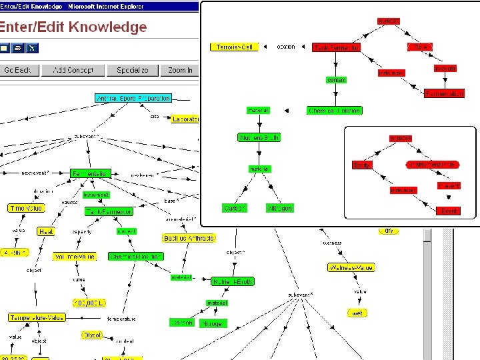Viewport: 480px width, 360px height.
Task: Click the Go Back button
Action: click(18, 70)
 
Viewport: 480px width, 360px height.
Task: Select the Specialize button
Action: click(133, 70)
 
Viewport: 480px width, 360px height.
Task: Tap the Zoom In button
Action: click(180, 70)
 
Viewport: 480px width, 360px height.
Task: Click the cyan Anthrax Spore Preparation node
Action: click(133, 98)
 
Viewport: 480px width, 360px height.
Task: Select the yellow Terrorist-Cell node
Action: click(233, 47)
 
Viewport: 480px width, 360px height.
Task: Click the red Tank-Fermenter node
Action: click(337, 47)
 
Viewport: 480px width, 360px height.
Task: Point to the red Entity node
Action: click(362, 165)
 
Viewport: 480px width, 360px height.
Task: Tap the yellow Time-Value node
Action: click(25, 208)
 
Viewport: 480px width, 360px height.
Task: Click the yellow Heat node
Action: click(46, 231)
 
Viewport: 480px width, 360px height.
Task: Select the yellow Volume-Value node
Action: click(74, 256)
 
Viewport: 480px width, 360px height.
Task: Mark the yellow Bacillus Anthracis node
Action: click(189, 238)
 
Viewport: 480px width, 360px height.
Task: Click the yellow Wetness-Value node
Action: click(351, 267)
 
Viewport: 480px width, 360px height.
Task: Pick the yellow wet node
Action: click(357, 313)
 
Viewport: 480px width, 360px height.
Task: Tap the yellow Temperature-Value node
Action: click(37, 317)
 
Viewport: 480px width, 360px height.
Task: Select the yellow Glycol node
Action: click(92, 335)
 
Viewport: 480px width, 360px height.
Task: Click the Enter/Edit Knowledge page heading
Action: click(73, 27)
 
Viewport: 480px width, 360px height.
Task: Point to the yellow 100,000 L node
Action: click(89, 303)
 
